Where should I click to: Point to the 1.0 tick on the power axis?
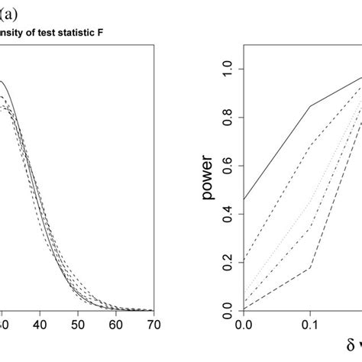pyautogui.click(x=227, y=69)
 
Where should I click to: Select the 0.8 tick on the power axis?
pyautogui.click(x=227, y=118)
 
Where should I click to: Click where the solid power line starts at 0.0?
pyautogui.click(x=244, y=200)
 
